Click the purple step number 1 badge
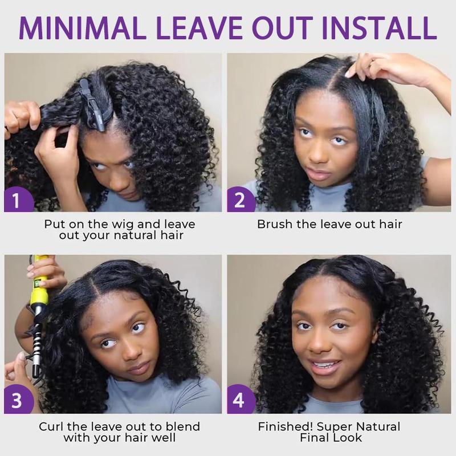tap(15, 201)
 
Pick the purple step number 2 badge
tap(239, 201)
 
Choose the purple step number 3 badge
tap(15, 401)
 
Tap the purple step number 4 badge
tap(239, 401)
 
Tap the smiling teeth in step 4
tap(326, 366)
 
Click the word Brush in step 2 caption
tap(274, 224)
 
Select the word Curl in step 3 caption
tap(51, 426)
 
